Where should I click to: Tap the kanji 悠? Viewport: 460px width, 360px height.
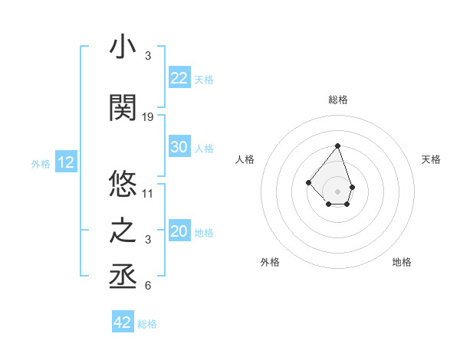[123, 184]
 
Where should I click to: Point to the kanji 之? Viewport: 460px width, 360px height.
[123, 231]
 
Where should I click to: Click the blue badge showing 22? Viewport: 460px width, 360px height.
[179, 78]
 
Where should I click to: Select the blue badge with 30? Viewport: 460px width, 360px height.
[179, 148]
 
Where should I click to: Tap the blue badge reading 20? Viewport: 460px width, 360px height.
[179, 232]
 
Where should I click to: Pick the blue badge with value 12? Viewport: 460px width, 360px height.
[66, 162]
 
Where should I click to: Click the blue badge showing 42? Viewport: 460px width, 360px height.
[123, 322]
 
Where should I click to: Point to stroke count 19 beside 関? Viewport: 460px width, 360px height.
[148, 117]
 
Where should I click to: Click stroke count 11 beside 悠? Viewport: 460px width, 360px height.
[148, 194]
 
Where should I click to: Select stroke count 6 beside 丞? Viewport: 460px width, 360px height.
[148, 286]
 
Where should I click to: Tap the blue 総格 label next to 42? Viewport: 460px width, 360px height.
[147, 324]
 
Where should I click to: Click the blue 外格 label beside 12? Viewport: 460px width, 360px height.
[40, 163]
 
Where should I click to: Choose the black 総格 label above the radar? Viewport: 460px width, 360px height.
[337, 100]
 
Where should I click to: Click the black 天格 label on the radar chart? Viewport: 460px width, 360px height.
[431, 159]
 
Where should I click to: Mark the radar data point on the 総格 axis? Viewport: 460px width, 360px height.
[337, 146]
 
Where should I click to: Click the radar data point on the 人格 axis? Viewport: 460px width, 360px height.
[308, 182]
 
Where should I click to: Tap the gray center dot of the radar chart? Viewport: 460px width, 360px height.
[337, 191]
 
